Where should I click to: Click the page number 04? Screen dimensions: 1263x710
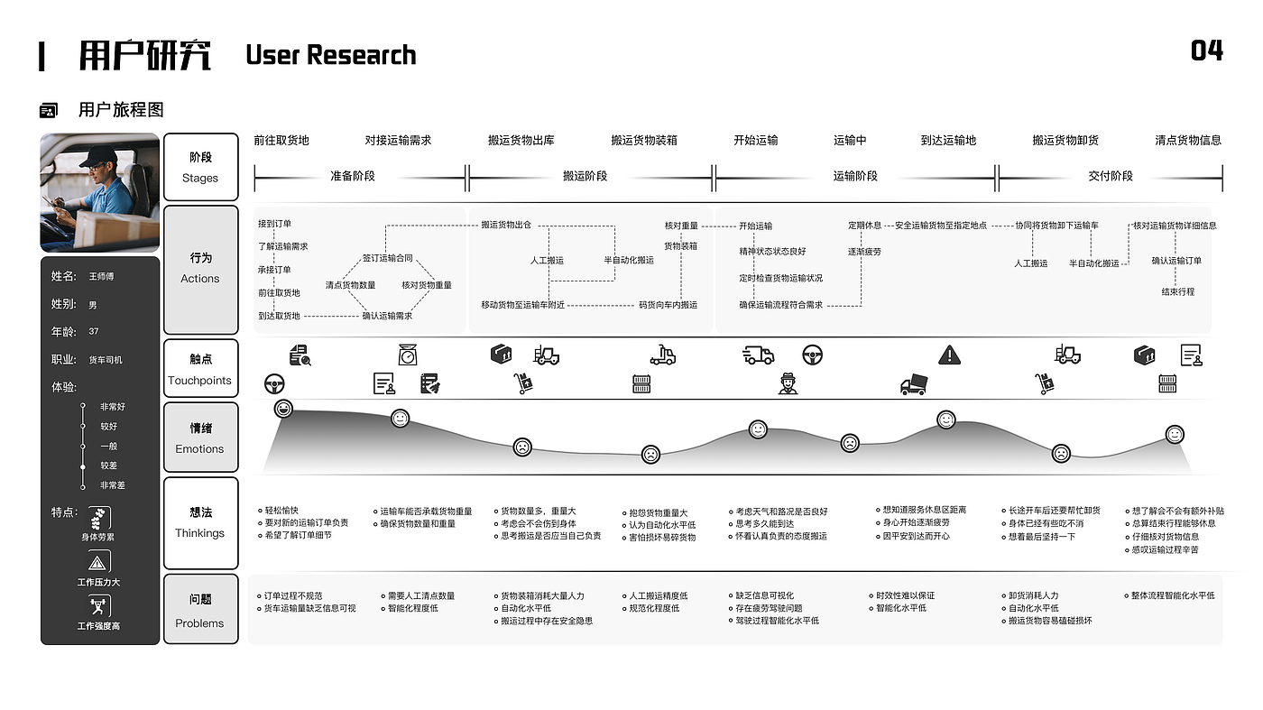point(1206,51)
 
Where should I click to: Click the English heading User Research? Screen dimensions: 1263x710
point(330,55)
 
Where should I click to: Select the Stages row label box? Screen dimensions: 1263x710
point(200,167)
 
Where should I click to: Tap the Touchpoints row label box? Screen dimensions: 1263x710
point(200,369)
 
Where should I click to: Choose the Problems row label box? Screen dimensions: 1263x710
point(200,610)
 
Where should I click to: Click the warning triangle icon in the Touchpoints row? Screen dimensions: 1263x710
point(949,355)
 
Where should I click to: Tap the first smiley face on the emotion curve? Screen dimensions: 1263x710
point(283,410)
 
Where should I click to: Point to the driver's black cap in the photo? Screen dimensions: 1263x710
point(98,157)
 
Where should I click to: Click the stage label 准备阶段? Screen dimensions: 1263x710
point(353,176)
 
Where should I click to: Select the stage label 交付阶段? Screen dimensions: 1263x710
point(1111,176)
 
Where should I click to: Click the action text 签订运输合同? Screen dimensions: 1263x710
point(388,258)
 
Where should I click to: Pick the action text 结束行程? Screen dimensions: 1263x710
point(1178,291)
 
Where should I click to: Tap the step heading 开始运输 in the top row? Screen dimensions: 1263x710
point(755,140)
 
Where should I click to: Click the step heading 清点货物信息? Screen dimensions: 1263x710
point(1188,140)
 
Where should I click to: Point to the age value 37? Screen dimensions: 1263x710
point(94,332)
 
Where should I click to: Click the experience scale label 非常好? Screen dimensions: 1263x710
point(113,407)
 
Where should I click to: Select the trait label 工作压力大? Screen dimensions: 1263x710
point(98,582)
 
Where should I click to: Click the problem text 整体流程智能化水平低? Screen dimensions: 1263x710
point(1172,595)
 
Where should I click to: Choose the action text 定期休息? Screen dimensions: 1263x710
point(864,226)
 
